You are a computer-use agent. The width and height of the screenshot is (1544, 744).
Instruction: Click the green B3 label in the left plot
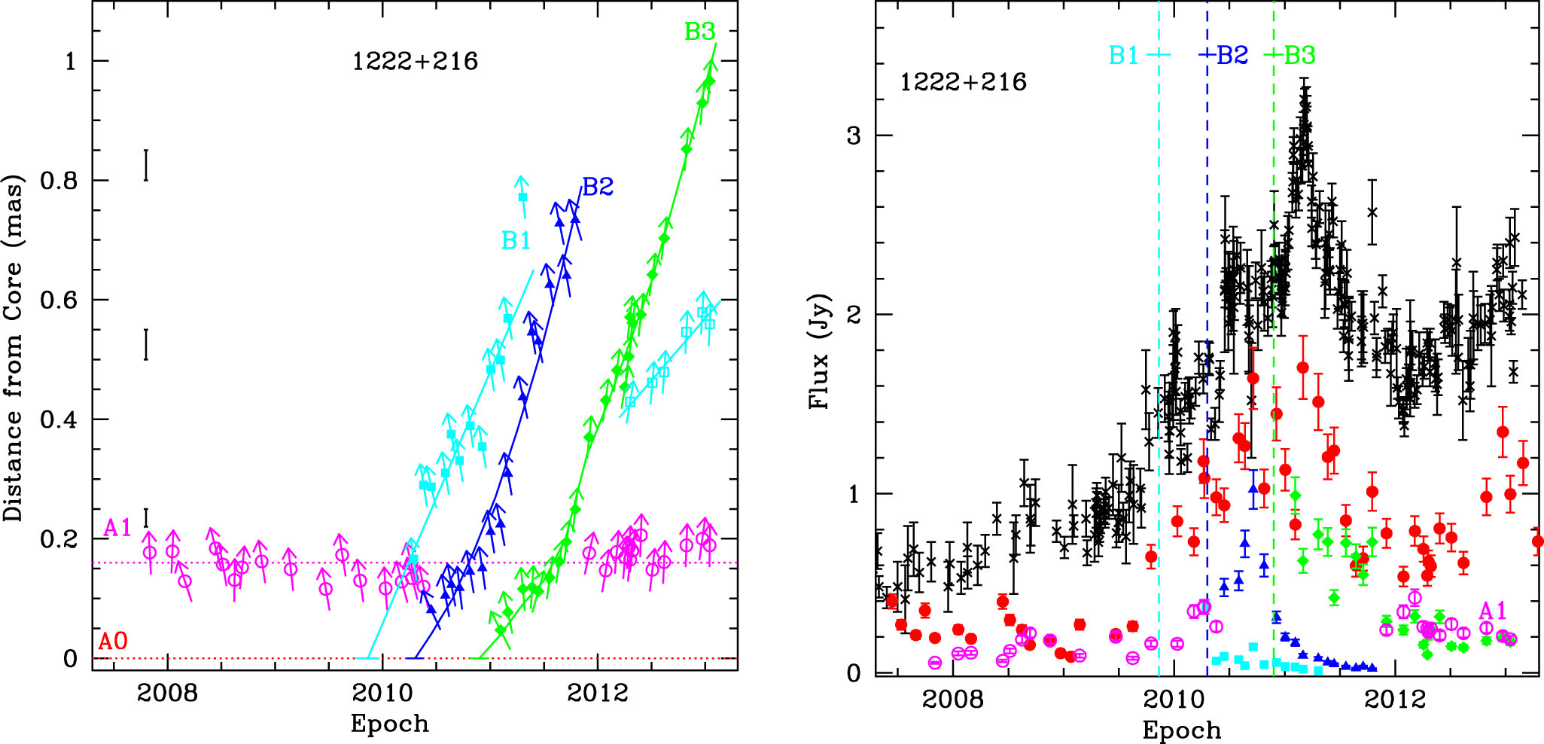[x=699, y=32]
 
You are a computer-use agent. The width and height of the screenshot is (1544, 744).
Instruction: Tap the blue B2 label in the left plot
[x=598, y=187]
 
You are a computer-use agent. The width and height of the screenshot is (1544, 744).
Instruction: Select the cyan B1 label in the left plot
[x=516, y=240]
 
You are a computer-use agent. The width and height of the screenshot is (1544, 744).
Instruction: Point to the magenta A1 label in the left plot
[x=117, y=528]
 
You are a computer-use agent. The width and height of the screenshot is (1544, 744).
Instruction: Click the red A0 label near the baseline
[x=114, y=642]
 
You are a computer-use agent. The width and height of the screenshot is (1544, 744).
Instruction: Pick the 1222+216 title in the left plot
[x=415, y=61]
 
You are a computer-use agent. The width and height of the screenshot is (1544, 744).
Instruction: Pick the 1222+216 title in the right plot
[x=963, y=81]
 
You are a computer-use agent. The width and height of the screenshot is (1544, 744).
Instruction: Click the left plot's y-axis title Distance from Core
[x=14, y=348]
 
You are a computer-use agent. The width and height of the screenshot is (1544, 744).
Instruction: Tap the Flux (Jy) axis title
[x=819, y=351]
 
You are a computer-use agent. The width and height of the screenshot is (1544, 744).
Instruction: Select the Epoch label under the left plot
[x=389, y=724]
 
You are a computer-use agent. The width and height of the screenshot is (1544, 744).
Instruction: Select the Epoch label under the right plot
[x=1181, y=730]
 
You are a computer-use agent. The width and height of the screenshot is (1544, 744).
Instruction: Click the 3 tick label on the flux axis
[x=853, y=136]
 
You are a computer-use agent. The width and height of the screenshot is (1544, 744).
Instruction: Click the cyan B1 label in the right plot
[x=1123, y=55]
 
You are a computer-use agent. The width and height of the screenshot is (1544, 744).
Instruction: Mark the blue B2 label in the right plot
[x=1232, y=55]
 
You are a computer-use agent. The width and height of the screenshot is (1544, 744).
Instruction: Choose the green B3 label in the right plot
[x=1299, y=55]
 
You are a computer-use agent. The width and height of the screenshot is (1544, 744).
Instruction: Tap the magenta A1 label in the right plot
[x=1493, y=610]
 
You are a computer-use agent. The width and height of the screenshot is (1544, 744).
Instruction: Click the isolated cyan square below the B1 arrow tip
[x=522, y=197]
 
